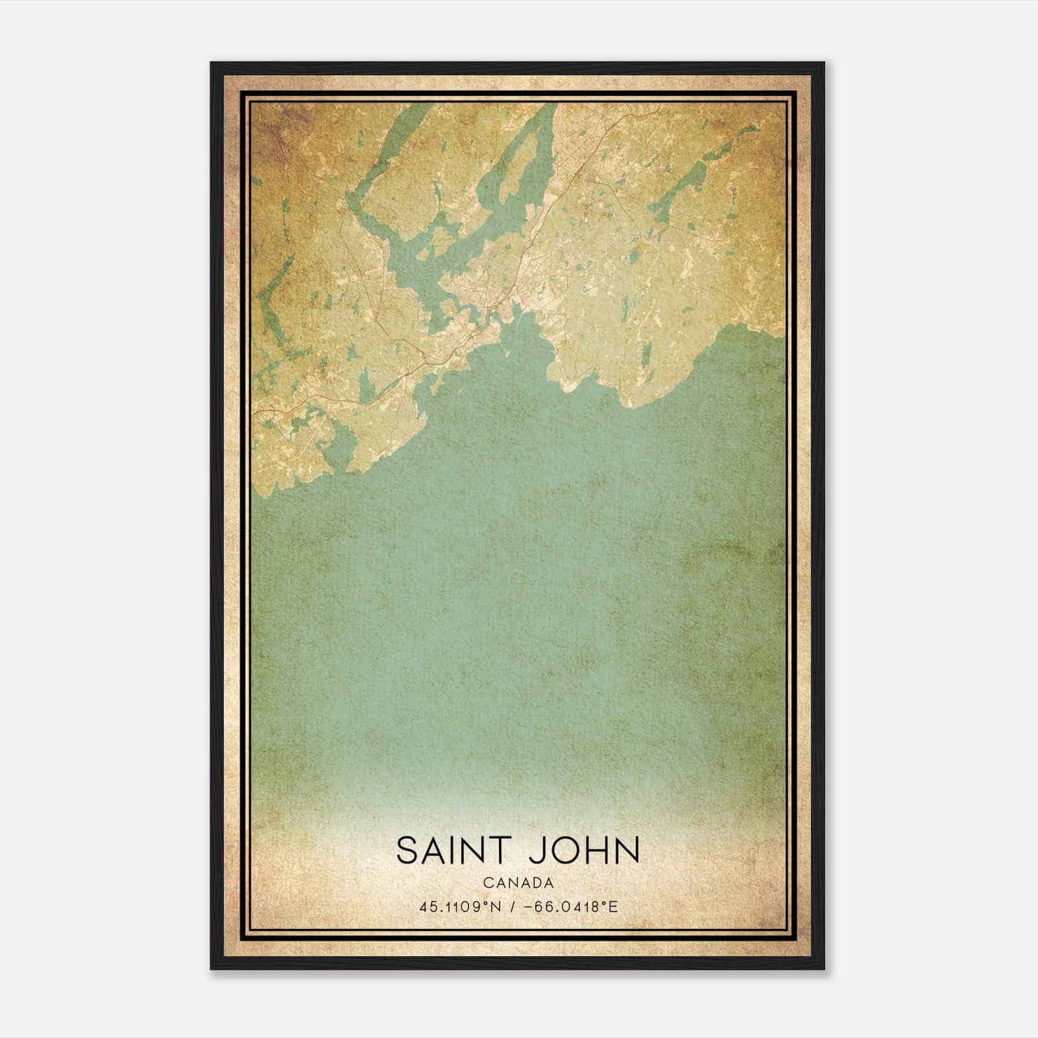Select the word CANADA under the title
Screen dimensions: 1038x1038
pyautogui.click(x=518, y=883)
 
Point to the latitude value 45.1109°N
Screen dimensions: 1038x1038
pyautogui.click(x=457, y=906)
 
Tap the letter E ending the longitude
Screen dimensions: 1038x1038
pyautogui.click(x=614, y=906)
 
